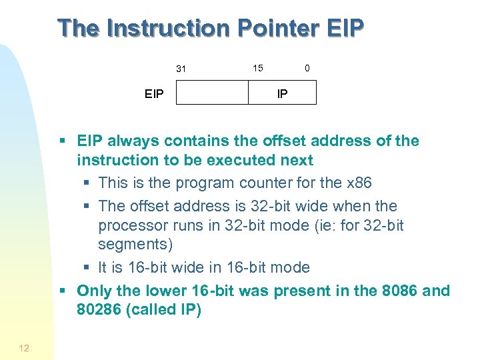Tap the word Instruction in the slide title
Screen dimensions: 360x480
point(159,29)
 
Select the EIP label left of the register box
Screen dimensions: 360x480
point(154,94)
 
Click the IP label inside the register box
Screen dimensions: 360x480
point(282,94)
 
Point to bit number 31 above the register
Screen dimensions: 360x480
point(181,69)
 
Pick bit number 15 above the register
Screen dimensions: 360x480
point(257,68)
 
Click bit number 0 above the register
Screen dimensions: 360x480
point(307,68)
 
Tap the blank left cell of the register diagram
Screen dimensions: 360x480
point(212,93)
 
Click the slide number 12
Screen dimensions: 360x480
point(24,347)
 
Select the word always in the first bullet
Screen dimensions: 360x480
point(130,141)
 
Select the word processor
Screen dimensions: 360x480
point(132,225)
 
